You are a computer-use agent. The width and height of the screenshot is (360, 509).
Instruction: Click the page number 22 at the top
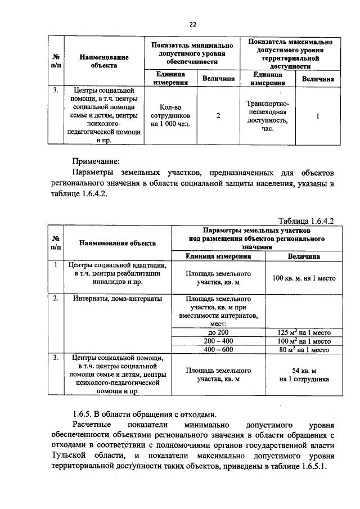(x=192, y=25)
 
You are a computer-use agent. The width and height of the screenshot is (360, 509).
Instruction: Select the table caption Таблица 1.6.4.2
(x=307, y=221)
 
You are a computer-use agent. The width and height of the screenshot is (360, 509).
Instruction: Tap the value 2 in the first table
(x=218, y=116)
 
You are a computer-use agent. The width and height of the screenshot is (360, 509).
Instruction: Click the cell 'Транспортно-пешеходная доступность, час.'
(x=267, y=116)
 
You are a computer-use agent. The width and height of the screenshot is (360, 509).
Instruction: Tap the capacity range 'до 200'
(x=218, y=332)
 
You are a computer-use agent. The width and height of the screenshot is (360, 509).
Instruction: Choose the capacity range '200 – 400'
(x=218, y=341)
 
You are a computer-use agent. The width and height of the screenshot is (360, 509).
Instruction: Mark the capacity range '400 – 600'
(x=218, y=349)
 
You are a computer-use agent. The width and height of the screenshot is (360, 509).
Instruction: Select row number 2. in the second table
(x=56, y=299)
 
